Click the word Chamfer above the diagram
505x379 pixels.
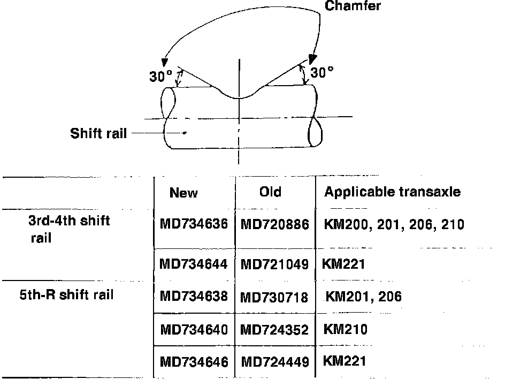(x=353, y=6)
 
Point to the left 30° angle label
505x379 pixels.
(x=160, y=76)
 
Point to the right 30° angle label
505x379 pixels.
(x=322, y=72)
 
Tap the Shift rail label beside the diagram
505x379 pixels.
(x=99, y=133)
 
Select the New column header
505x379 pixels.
(x=183, y=193)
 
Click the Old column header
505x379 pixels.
(x=270, y=192)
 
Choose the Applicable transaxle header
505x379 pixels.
(x=392, y=192)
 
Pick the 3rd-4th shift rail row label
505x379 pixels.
(x=69, y=229)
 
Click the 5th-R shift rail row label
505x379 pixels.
(x=66, y=294)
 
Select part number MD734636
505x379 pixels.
(x=194, y=224)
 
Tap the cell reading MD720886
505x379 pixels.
(x=275, y=224)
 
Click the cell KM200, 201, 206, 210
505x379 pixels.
(x=394, y=224)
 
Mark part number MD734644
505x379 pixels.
(x=194, y=263)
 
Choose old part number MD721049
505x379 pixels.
(x=275, y=263)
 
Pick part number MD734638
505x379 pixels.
(x=194, y=296)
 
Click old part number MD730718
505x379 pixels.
(x=274, y=297)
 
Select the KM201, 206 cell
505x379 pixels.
(x=364, y=296)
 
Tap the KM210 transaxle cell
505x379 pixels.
(x=346, y=329)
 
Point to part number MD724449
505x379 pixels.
(x=275, y=362)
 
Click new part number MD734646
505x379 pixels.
(x=194, y=362)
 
